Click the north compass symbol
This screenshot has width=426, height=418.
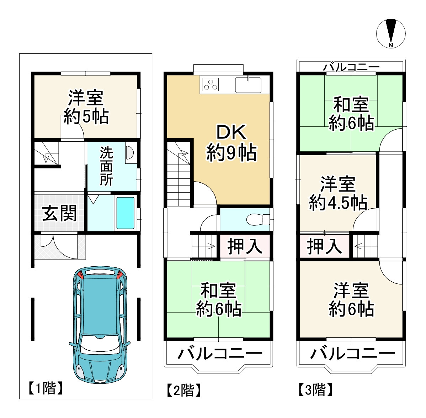click(x=391, y=33)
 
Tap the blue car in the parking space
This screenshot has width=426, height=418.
click(x=100, y=324)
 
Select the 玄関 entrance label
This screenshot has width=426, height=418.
click(x=59, y=213)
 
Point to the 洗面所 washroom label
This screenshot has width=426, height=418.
click(x=106, y=166)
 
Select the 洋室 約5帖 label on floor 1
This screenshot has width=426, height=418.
click(x=86, y=107)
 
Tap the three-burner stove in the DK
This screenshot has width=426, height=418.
click(x=210, y=85)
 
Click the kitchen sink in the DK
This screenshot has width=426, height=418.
click(x=248, y=85)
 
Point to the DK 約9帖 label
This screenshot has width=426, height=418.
click(x=231, y=142)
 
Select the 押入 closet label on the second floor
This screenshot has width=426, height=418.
click(x=245, y=246)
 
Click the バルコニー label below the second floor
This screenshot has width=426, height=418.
click(x=219, y=354)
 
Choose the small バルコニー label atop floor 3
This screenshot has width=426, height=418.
click(x=351, y=67)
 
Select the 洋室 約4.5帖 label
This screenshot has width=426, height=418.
click(x=338, y=193)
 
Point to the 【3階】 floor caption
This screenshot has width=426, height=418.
click(x=315, y=390)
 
